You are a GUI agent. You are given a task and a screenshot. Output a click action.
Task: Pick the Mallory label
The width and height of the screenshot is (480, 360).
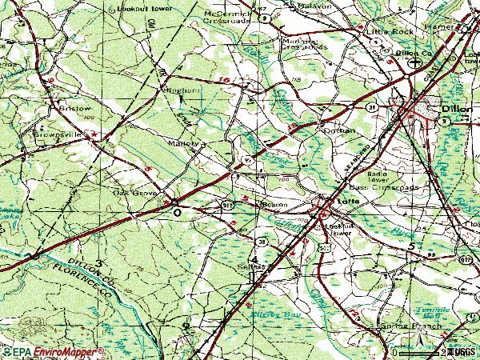coord(185,145)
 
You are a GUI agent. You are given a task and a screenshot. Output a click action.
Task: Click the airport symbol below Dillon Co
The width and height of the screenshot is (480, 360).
coord(414,62)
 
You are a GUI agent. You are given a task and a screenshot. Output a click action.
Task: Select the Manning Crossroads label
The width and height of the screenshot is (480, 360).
coord(305,42)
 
